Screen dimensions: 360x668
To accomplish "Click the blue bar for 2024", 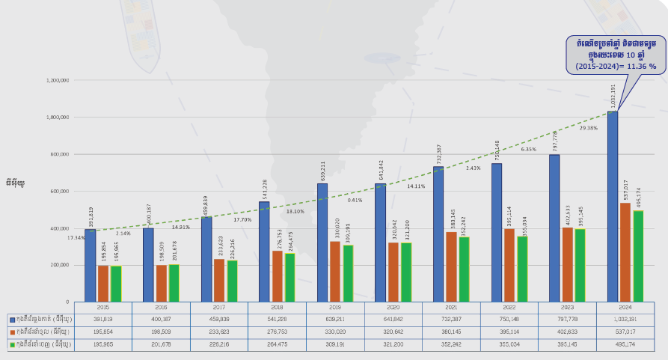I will click(x=613, y=207).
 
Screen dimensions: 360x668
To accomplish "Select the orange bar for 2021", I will click(x=451, y=266).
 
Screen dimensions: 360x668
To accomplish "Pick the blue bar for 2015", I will click(x=90, y=266).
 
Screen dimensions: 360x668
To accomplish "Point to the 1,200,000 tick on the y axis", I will click(x=58, y=80).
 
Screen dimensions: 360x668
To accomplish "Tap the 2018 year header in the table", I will click(x=277, y=307).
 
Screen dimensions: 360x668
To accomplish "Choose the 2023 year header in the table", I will click(x=568, y=307).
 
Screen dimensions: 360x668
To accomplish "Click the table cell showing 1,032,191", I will click(x=626, y=320).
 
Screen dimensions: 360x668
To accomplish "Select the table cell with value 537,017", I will click(x=626, y=332).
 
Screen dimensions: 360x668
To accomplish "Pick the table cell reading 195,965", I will click(x=103, y=344).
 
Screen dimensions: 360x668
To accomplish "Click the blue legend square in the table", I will click(x=12, y=320).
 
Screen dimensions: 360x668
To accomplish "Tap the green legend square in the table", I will click(x=12, y=344).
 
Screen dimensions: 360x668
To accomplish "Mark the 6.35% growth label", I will click(x=528, y=150).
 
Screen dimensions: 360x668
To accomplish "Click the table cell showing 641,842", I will click(x=393, y=320).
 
